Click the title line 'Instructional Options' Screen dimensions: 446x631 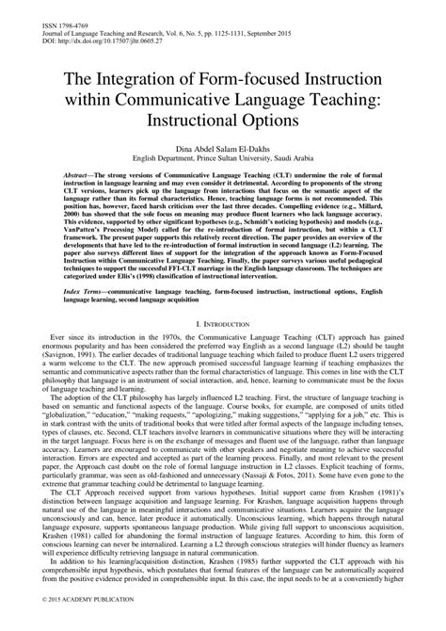[x=222, y=122]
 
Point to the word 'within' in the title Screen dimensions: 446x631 [x=89, y=99]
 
